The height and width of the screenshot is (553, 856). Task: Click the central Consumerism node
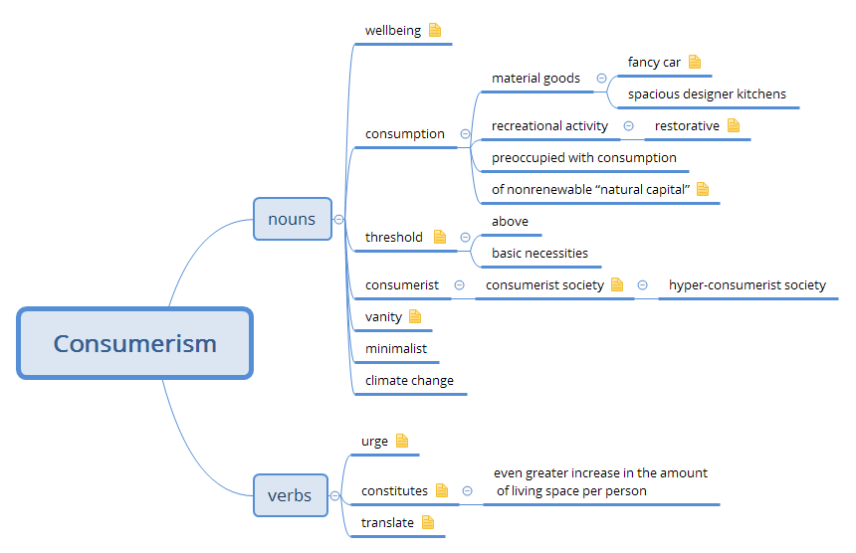(134, 343)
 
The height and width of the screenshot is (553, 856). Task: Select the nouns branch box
(292, 219)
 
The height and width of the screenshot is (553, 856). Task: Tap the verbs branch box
(290, 494)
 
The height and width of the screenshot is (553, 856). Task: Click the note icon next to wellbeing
(435, 30)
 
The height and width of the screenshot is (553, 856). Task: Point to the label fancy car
(654, 62)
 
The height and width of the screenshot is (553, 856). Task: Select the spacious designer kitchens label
(707, 94)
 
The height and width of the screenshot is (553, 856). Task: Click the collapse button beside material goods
(601, 78)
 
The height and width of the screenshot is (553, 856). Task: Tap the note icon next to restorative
(734, 125)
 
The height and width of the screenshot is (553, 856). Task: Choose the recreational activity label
(549, 126)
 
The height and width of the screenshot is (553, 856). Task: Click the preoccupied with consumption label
(584, 157)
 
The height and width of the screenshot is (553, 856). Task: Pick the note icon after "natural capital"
(703, 189)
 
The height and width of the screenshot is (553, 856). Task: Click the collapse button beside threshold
(465, 237)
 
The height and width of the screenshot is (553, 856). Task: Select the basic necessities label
(539, 253)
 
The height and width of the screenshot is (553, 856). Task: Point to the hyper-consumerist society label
(748, 285)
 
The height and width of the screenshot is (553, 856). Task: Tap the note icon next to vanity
(415, 316)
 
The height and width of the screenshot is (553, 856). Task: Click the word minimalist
(396, 348)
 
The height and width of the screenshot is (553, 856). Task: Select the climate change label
(409, 380)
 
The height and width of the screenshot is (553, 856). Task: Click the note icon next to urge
(402, 441)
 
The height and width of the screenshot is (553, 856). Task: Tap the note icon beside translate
(428, 521)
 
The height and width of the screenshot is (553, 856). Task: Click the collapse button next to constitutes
(467, 491)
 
